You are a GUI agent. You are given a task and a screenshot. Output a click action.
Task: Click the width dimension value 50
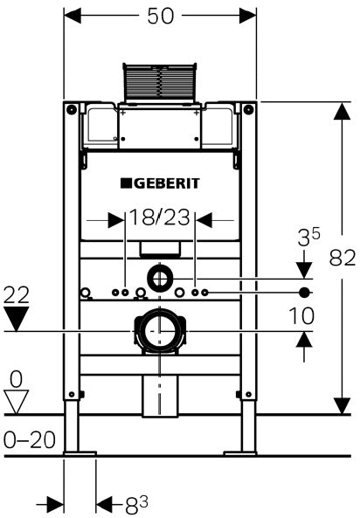coord(160,17)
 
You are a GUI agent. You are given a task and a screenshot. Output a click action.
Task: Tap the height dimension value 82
coord(343,258)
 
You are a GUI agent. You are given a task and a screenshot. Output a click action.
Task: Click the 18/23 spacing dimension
coord(159,218)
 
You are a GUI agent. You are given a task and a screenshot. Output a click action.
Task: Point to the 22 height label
coord(17,295)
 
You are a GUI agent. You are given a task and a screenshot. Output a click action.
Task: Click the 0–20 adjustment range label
coord(30,439)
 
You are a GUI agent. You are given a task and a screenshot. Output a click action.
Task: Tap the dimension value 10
coord(301,316)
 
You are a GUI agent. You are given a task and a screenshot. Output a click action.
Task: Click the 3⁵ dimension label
coord(308,238)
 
